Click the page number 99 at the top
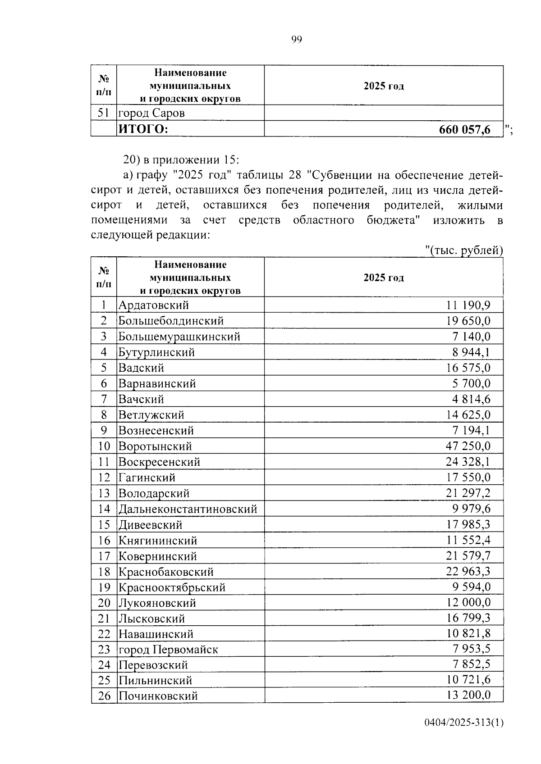pyautogui.click(x=296, y=40)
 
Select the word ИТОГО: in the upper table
pyautogui.click(x=143, y=129)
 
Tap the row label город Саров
pyautogui.click(x=151, y=113)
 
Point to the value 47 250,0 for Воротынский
pyautogui.click(x=468, y=446)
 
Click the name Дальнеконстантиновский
pyautogui.click(x=188, y=509)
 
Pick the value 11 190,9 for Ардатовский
pyautogui.click(x=468, y=305)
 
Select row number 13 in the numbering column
pyautogui.click(x=104, y=493)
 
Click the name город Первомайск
pyautogui.click(x=168, y=650)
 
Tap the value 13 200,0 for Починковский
pyautogui.click(x=468, y=695)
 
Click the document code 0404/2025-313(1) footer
pyautogui.click(x=463, y=723)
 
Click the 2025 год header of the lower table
pyautogui.click(x=384, y=277)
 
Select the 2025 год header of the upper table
pyautogui.click(x=384, y=86)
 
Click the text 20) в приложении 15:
pyautogui.click(x=182, y=160)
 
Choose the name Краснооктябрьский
pyautogui.click(x=172, y=587)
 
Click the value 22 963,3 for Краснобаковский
pyautogui.click(x=468, y=572)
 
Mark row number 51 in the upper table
pyautogui.click(x=104, y=113)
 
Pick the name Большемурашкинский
pyautogui.click(x=179, y=337)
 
